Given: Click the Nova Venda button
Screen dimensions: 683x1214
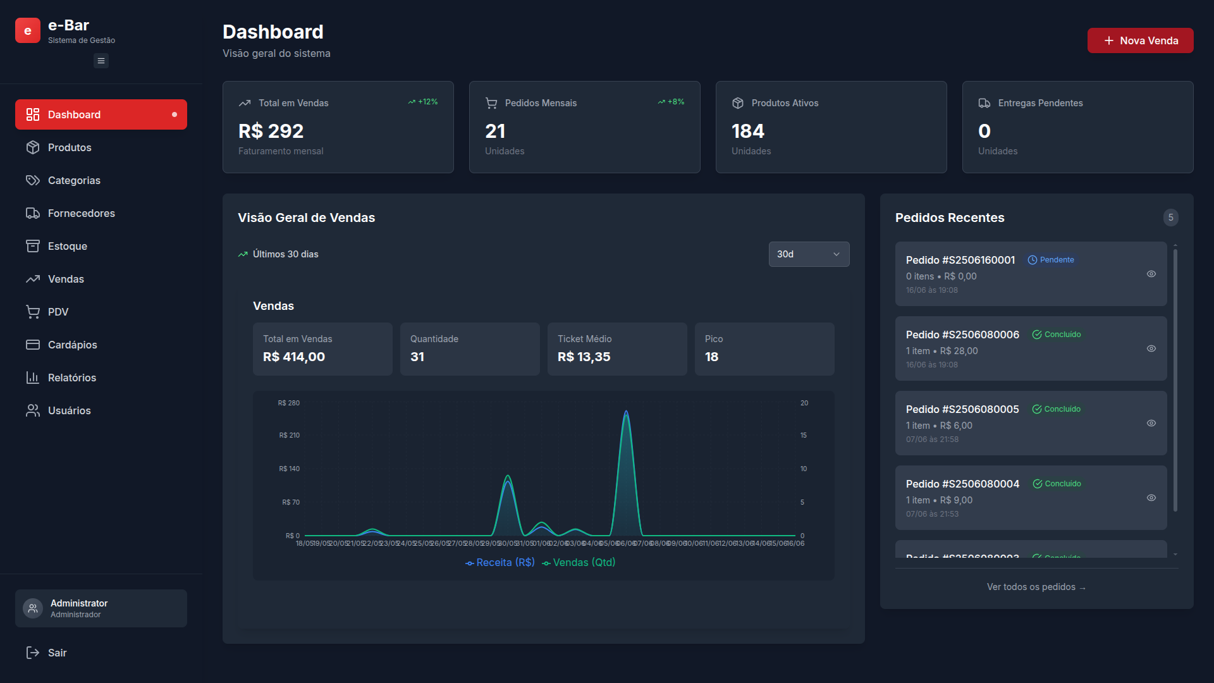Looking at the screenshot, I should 1140,40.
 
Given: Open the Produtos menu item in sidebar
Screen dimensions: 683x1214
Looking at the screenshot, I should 70,147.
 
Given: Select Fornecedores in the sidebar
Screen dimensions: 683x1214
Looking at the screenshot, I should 81,213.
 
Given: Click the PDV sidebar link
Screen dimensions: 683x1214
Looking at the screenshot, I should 58,312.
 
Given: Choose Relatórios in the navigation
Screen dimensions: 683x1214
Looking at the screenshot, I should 71,378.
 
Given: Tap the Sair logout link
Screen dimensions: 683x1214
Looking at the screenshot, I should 56,653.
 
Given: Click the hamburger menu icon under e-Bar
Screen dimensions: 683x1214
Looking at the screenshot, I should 101,61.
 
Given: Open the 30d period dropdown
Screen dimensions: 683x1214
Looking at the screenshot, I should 809,254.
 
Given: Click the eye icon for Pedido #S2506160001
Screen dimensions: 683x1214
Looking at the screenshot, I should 1151,274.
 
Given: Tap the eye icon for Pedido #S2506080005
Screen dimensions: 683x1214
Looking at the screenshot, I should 1151,423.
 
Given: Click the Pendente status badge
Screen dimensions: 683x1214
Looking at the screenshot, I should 1051,260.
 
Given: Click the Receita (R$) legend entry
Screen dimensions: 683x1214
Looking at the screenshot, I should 500,562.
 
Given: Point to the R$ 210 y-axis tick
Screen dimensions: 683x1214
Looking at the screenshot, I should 289,435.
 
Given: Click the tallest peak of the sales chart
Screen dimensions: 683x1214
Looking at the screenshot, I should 626,413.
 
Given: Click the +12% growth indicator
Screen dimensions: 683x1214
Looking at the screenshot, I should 423,102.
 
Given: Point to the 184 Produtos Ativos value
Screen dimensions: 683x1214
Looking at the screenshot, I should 748,131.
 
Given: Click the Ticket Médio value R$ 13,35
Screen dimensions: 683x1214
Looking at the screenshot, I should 584,357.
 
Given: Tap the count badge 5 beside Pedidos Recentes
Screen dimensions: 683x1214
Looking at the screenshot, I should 1170,218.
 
